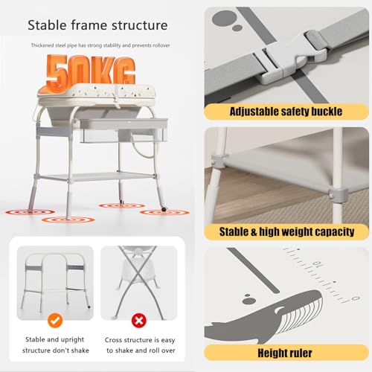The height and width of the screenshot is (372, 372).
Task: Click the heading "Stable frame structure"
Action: [x=97, y=25]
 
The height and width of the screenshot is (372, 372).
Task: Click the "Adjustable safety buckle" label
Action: [x=286, y=111]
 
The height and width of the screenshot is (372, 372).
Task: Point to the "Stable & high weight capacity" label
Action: [x=286, y=231]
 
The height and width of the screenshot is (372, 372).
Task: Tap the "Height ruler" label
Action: [x=286, y=353]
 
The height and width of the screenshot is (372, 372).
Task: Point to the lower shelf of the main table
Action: [x=97, y=177]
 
